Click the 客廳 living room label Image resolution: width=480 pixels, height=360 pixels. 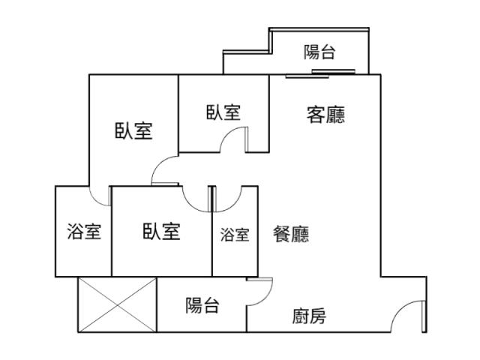coord(325,115)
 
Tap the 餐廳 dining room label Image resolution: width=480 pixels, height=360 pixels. coord(291,234)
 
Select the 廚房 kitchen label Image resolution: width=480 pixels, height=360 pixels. coord(309,316)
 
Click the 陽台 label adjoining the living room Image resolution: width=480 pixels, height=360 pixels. coord(319,52)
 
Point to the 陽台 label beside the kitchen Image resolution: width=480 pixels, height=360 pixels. coord(202,305)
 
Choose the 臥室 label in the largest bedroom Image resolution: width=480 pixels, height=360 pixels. coord(133,130)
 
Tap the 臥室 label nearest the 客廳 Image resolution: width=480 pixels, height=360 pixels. coord(223,112)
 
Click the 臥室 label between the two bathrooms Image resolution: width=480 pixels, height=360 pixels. coord(161,231)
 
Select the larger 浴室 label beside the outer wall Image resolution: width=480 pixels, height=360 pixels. coord(84,232)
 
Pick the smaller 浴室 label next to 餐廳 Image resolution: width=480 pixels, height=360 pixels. coord(235,235)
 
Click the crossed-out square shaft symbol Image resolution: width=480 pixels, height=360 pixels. coord(116,304)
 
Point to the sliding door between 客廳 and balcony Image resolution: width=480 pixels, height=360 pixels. coord(321,73)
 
